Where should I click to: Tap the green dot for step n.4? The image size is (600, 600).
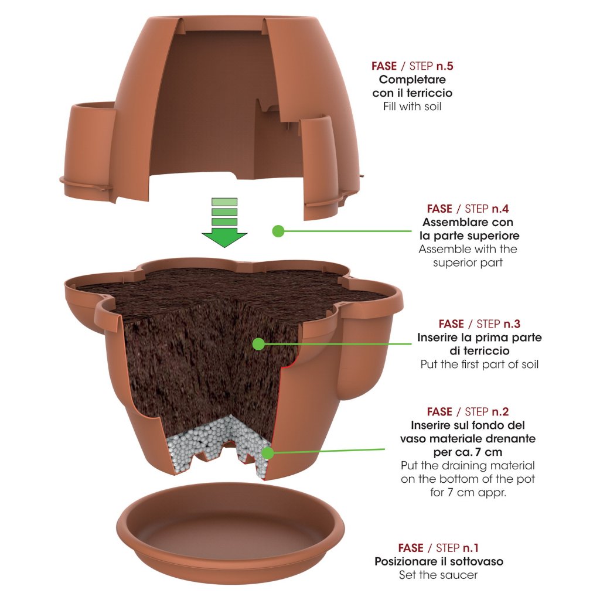click(278, 231)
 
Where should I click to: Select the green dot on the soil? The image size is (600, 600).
click(258, 344)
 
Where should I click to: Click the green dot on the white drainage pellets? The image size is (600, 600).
click(268, 452)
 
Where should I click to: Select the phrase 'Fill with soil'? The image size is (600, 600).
click(412, 107)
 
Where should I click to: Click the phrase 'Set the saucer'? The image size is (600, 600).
click(438, 575)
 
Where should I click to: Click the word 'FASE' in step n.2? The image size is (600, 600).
click(439, 411)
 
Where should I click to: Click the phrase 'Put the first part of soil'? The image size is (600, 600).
click(479, 364)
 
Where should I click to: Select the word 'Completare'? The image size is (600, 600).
click(412, 79)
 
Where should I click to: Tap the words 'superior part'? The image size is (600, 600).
click(468, 262)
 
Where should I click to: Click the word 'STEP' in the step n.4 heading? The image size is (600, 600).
click(480, 208)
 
